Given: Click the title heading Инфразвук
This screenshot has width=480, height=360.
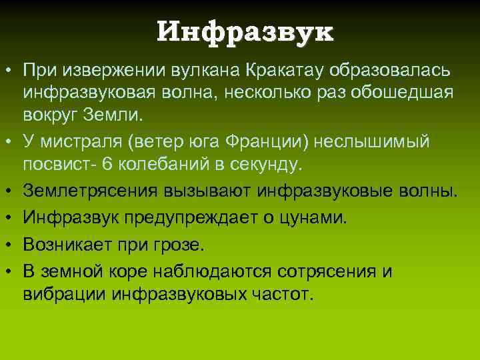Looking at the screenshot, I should (245, 31).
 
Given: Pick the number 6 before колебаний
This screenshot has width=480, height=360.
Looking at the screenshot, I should (121, 163).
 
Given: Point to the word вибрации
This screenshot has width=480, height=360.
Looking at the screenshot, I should (65, 293).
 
